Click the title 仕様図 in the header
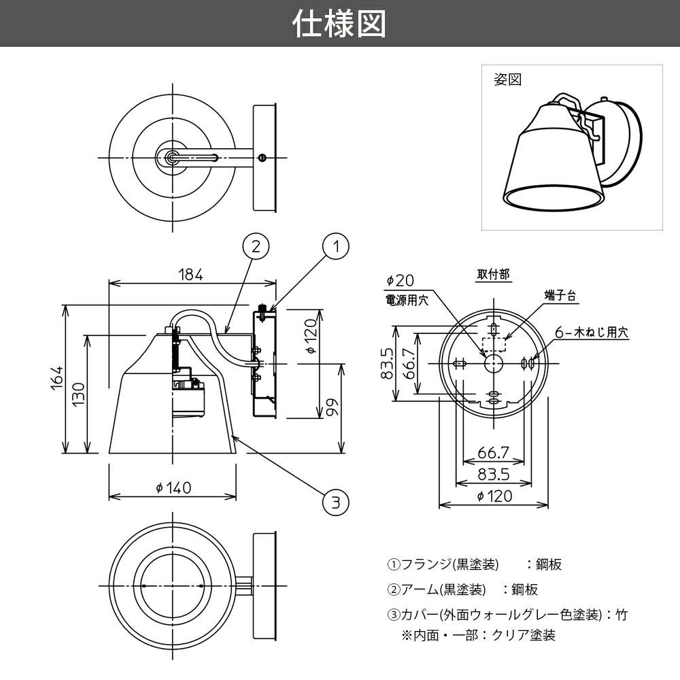[339, 24]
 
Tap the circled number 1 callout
[335, 247]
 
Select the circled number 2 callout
[256, 246]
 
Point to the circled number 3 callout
[335, 503]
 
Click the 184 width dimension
[191, 274]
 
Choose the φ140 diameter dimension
[173, 488]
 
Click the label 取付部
[493, 275]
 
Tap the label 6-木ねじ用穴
[591, 333]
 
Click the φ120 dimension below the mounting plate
[494, 496]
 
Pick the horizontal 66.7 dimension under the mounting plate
[494, 452]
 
